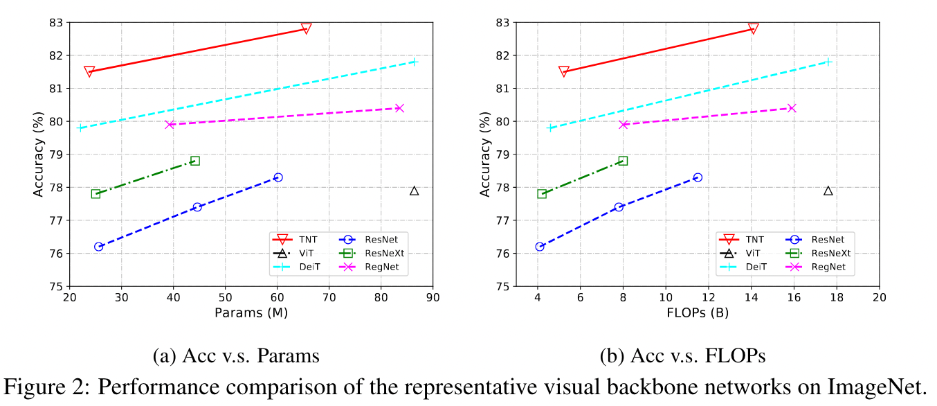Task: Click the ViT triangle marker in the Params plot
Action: click(x=414, y=191)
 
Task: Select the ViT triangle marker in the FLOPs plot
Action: click(x=828, y=191)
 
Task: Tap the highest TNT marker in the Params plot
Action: click(x=306, y=29)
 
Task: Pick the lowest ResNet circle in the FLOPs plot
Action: click(x=540, y=247)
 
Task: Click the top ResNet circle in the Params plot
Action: click(x=278, y=177)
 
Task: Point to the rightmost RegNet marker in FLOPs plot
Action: click(x=792, y=108)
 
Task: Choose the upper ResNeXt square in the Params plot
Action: click(x=195, y=161)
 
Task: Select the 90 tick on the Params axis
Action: click(x=433, y=298)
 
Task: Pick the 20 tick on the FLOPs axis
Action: click(x=880, y=298)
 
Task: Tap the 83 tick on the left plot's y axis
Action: click(x=55, y=23)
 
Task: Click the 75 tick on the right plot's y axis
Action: click(x=503, y=286)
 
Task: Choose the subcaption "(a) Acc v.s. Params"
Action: click(x=236, y=356)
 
